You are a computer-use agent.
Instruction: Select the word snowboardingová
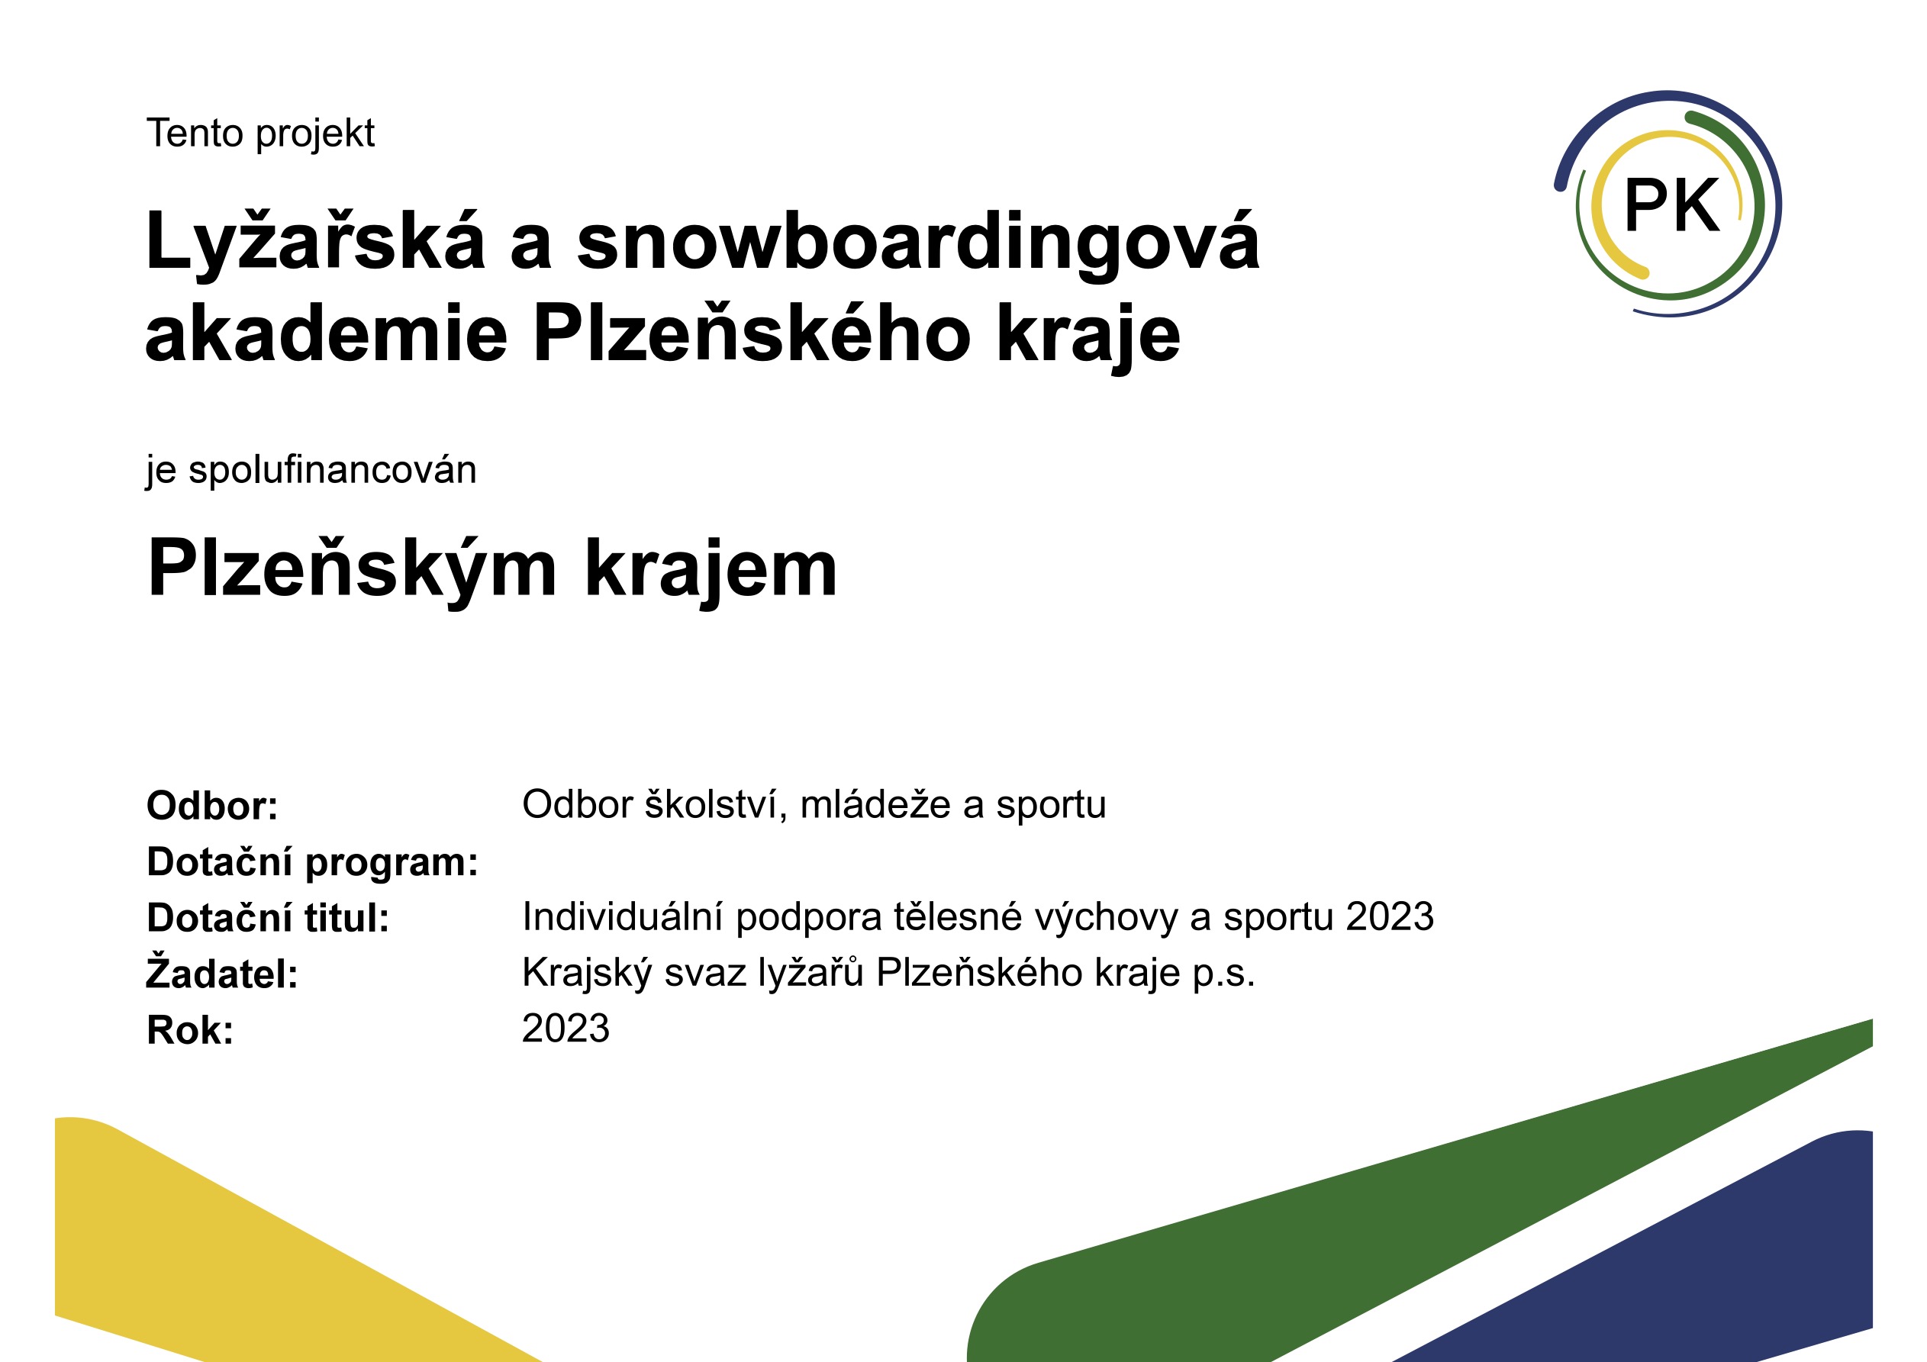tap(918, 243)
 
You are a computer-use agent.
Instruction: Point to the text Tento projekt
tap(261, 134)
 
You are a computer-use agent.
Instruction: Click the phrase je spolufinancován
tap(311, 471)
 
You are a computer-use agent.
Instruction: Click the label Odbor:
tap(212, 807)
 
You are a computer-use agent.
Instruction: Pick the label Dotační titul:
tap(269, 918)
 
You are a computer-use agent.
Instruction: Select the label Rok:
tap(191, 1031)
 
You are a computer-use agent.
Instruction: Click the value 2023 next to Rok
tap(566, 1029)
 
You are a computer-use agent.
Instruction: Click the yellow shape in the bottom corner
tap(277, 1250)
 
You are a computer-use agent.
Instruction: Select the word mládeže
tap(875, 804)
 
